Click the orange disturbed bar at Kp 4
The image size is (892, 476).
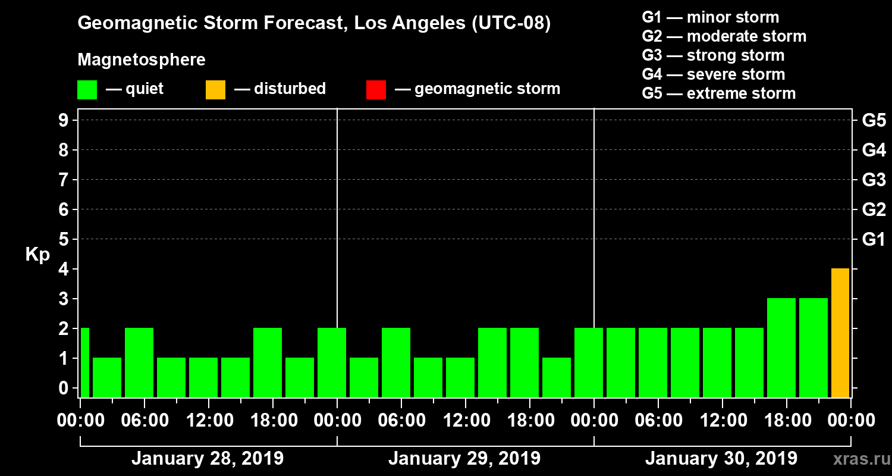point(840,333)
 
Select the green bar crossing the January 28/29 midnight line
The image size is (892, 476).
point(332,362)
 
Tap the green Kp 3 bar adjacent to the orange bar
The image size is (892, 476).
point(813,347)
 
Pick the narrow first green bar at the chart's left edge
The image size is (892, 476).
point(84,362)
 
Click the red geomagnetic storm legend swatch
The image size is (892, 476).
point(376,90)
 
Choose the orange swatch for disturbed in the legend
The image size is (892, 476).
point(215,90)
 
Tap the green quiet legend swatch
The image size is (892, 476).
point(87,90)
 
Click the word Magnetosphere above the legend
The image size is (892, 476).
point(142,60)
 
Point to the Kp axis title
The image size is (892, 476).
point(37,255)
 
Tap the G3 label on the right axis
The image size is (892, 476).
point(874,180)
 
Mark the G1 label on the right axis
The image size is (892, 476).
point(874,240)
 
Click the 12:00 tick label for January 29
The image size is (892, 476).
point(466,421)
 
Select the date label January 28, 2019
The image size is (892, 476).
point(207,459)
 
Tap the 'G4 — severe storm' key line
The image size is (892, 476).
point(713,74)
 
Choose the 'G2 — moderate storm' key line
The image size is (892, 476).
point(724,36)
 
